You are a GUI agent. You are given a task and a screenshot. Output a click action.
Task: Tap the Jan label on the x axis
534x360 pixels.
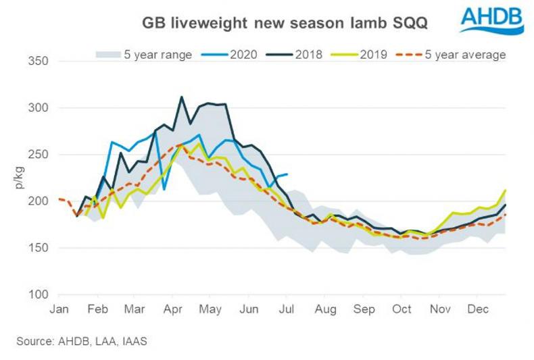pos(59,309)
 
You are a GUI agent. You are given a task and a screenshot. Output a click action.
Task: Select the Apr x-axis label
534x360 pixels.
pos(174,309)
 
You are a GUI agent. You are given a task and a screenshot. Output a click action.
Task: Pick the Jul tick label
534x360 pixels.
pos(287,309)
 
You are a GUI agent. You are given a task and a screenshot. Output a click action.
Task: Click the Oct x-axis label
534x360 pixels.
pos(402,309)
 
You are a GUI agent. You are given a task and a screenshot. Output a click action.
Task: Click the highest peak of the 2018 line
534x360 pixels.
pos(181,97)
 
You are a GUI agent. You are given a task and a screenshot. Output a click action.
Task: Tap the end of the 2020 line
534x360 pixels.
pos(287,174)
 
